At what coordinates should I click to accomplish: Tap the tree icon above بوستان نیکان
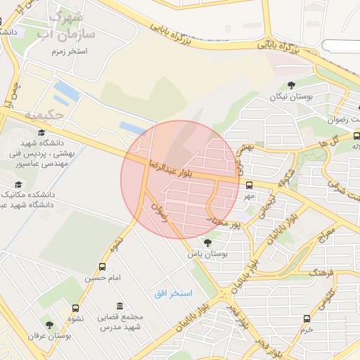pos(291,86)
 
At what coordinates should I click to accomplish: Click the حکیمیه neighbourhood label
pos(44,114)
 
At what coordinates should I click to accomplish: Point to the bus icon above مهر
pos(249,185)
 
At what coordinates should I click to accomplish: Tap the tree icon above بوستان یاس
pos(207,243)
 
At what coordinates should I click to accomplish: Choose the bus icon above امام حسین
pos(103,266)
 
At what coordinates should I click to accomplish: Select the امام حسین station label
pos(103,278)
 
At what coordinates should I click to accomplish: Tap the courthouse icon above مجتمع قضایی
pos(120,307)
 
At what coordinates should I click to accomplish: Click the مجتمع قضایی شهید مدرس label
pos(121,322)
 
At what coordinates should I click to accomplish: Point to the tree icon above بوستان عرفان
pos(49,325)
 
